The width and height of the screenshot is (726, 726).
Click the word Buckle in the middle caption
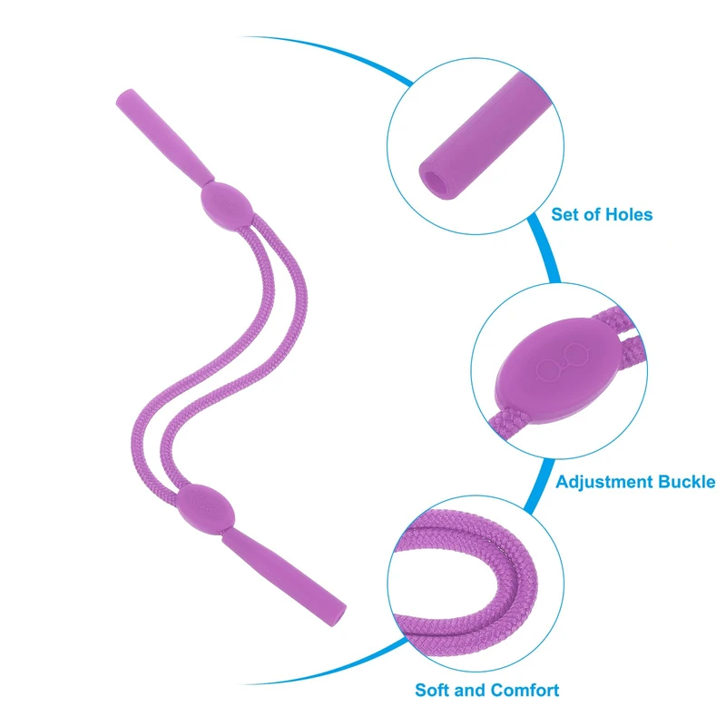pyautogui.click(x=686, y=481)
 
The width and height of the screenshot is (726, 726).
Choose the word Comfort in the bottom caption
pyautogui.click(x=525, y=690)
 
